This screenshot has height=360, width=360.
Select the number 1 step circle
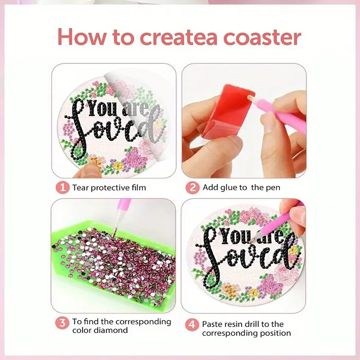[63, 188]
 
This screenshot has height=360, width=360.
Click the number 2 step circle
[192, 188]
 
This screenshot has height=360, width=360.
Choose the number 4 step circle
[192, 325]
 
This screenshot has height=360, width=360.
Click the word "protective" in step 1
[109, 188]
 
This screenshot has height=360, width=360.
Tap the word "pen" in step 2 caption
[273, 188]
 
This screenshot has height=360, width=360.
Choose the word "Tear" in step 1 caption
[81, 188]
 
